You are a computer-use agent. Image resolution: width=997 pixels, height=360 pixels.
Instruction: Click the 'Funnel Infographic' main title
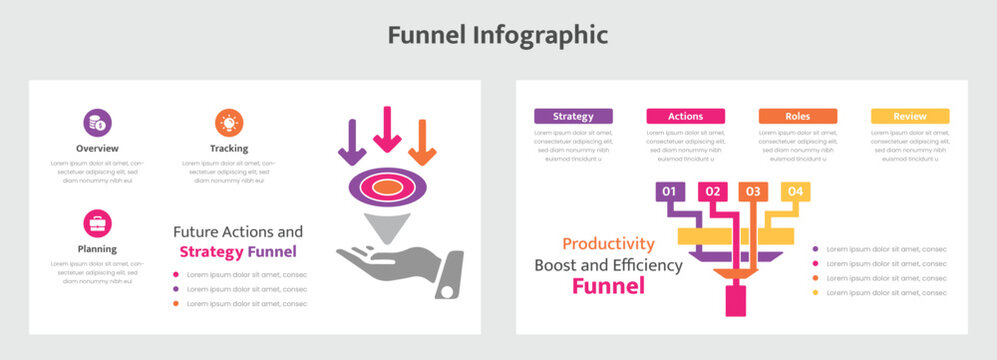point(498,35)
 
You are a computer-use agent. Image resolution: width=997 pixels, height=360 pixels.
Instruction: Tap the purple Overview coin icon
point(97,123)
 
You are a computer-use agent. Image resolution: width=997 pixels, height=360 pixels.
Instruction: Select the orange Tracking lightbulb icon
point(229,123)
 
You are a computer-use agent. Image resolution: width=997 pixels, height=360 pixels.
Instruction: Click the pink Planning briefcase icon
point(97,223)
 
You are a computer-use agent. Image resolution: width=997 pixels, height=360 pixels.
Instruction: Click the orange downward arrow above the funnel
point(423,142)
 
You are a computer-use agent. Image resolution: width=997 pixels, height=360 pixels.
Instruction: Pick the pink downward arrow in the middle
point(387,128)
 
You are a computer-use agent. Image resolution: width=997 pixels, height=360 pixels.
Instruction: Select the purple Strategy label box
point(573,116)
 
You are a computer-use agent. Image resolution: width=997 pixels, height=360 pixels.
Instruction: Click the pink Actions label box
point(685,116)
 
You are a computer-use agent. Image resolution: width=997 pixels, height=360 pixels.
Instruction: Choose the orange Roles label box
point(797,116)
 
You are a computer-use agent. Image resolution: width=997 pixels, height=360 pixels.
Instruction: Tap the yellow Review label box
point(909,116)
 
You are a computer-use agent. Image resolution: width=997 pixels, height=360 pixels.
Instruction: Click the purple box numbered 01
point(670,191)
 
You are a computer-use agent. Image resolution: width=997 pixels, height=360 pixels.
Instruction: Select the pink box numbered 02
point(712,191)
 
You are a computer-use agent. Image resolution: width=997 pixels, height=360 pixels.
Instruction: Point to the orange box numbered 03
point(753,191)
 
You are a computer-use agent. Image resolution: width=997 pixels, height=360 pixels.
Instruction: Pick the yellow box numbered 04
point(794,191)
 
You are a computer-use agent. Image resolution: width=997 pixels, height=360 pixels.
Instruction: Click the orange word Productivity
point(608,243)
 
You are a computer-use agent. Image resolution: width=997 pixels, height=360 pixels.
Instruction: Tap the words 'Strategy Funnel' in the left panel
point(237,252)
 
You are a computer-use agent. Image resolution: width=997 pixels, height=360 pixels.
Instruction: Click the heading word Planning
point(97,249)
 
